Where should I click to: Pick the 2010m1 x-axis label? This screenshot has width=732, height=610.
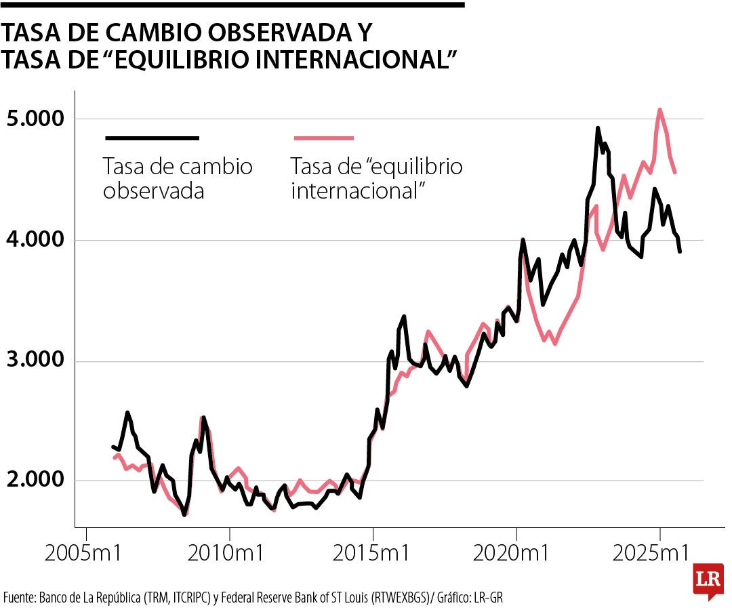[x=229, y=552]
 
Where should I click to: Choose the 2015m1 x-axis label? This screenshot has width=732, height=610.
[x=373, y=552]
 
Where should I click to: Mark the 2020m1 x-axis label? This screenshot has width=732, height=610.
[x=516, y=552]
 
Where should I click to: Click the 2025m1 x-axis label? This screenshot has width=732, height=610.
[x=659, y=552]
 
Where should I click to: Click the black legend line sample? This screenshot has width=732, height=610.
[x=152, y=138]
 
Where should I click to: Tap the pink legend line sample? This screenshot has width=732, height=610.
[x=324, y=138]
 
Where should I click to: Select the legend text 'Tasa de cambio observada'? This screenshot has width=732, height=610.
[x=177, y=178]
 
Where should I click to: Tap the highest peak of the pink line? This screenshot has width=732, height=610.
[x=659, y=110]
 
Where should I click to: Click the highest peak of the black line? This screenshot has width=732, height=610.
[x=598, y=127]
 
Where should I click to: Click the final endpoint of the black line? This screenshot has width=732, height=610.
[x=680, y=252]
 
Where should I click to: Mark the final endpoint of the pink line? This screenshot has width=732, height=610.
[x=674, y=173]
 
